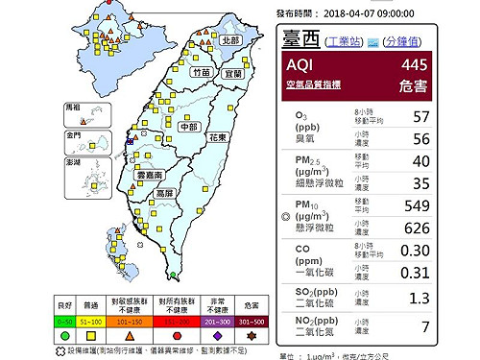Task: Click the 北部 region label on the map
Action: coord(229,41)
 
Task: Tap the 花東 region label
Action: coord(217,138)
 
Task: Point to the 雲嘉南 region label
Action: coord(153,178)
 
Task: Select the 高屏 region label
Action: coord(166,194)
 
